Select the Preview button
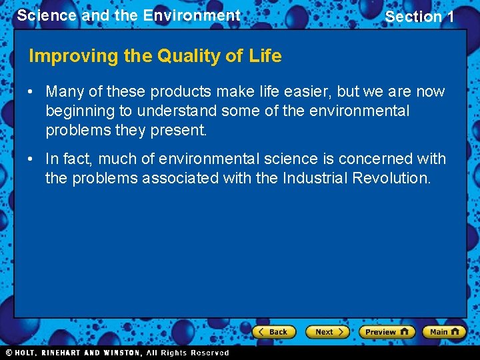pos(386,331)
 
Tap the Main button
pos(443,331)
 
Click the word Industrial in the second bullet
pos(314,178)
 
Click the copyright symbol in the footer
pos(9,353)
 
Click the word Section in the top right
pos(413,17)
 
